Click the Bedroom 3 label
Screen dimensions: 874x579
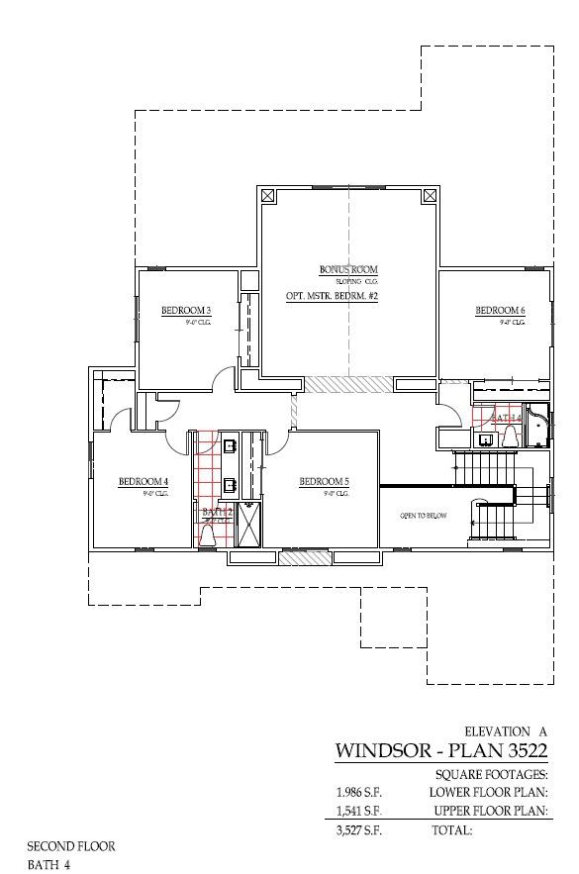[185, 312]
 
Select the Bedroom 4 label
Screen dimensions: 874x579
[144, 482]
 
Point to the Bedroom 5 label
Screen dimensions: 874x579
[324, 482]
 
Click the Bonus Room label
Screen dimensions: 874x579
[347, 269]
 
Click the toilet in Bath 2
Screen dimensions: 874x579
[209, 534]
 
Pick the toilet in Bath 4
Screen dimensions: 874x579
[486, 438]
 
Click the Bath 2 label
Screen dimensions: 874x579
[217, 512]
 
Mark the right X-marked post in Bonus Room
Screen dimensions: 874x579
[429, 195]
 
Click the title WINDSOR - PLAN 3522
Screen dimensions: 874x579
[441, 750]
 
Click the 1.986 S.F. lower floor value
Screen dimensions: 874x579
[358, 793]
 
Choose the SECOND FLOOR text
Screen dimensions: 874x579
[71, 846]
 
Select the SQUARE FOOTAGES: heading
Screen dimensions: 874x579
[491, 775]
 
